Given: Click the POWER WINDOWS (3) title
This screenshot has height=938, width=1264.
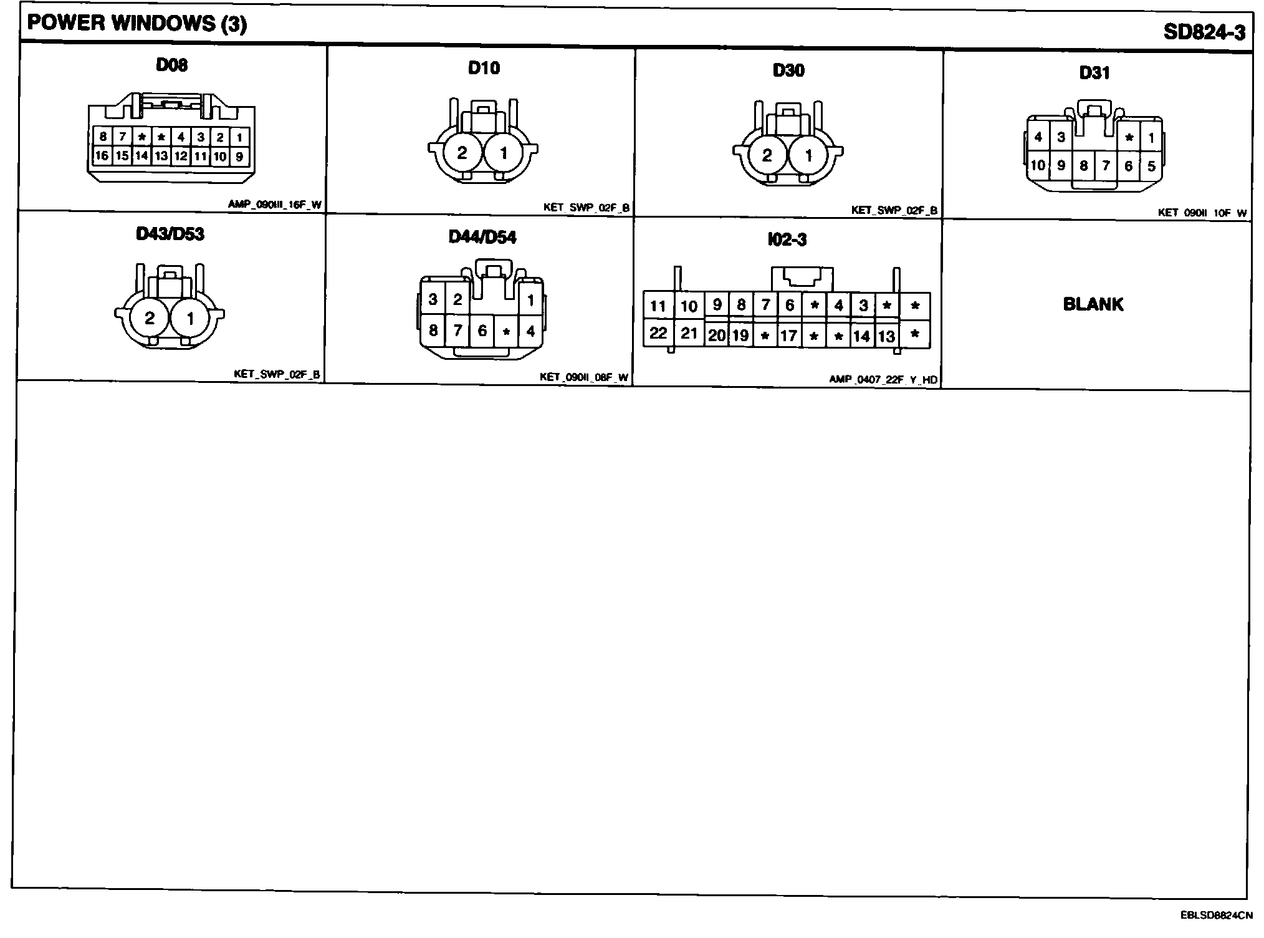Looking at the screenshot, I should [x=137, y=24].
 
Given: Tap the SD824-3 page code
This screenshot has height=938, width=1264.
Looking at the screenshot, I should [x=1204, y=32].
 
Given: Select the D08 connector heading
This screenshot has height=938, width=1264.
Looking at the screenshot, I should [x=171, y=65].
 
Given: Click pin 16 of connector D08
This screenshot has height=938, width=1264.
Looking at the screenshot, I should [x=102, y=156].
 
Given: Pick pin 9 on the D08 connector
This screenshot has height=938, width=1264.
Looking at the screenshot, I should [x=239, y=157].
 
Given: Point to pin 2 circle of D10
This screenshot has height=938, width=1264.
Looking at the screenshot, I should [x=462, y=153].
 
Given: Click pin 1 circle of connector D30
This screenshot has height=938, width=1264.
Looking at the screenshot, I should [x=808, y=155].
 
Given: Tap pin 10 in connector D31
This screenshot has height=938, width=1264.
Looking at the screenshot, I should [x=1037, y=165].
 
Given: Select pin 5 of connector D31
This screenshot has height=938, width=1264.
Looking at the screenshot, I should [x=1151, y=166].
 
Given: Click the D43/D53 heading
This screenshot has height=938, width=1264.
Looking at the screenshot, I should [x=170, y=234].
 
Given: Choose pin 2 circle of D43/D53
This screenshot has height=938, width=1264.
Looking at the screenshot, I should [x=149, y=319].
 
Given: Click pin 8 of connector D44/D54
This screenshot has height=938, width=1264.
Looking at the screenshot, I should [x=433, y=330].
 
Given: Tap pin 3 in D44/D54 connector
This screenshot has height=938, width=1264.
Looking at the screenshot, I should [x=433, y=299].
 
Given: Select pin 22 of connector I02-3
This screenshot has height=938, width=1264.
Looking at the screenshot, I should [x=658, y=333].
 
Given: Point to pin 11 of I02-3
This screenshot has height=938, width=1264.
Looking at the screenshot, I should [x=658, y=306].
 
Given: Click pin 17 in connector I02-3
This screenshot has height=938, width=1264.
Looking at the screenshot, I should [x=789, y=336].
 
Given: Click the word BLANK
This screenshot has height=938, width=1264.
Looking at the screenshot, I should [x=1093, y=304].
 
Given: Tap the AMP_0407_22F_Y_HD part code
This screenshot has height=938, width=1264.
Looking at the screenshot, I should [x=883, y=379].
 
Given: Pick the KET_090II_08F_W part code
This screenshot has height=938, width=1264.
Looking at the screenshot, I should [x=584, y=377].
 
